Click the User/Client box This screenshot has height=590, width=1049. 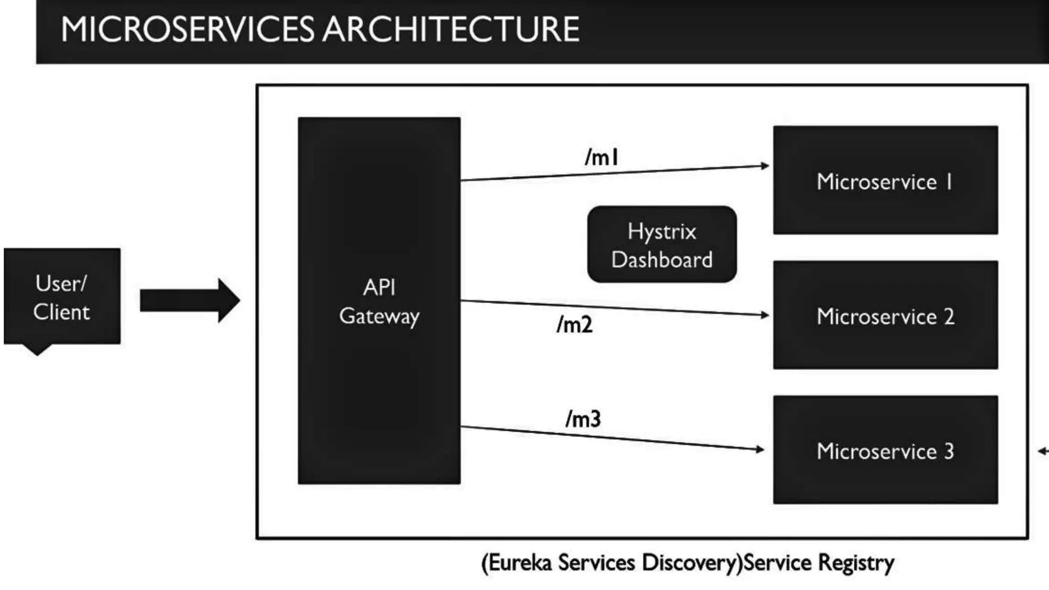pos(62,296)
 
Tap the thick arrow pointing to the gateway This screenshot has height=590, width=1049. pos(189,300)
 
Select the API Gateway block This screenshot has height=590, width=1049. pos(379,301)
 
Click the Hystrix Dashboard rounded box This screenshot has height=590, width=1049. pos(662,245)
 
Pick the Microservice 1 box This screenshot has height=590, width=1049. pos(885,180)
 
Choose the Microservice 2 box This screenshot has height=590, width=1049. pos(885,315)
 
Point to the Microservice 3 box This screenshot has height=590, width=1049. pos(885,450)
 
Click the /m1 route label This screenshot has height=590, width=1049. pos(602,157)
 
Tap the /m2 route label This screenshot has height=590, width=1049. pos(575,324)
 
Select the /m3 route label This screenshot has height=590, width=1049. pos(583,418)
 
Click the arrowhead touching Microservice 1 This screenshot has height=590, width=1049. pos(765,165)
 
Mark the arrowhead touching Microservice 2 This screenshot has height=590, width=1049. pos(765,315)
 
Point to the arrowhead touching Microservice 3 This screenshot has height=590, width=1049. pos(760,449)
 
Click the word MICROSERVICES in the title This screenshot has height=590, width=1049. pos(187,29)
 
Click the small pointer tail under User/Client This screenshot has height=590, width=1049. pos(37,349)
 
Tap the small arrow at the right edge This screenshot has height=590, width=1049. pos(1043,451)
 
